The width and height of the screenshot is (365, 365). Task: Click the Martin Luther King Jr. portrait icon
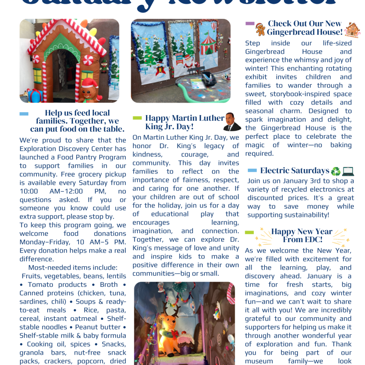pyautogui.click(x=232, y=122)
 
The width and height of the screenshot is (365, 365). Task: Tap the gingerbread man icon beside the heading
pyautogui.click(x=260, y=29)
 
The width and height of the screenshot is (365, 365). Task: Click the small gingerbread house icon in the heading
pyautogui.click(x=353, y=29)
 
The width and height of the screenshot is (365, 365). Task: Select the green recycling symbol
pyautogui.click(x=335, y=171)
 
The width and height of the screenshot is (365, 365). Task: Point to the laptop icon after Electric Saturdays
pyautogui.click(x=348, y=171)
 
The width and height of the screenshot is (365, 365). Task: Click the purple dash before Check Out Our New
pyautogui.click(x=249, y=24)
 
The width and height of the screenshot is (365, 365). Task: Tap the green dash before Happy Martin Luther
pyautogui.click(x=137, y=118)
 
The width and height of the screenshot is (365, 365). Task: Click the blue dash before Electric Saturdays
pyautogui.click(x=252, y=170)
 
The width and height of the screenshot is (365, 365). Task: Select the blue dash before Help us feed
pyautogui.click(x=24, y=114)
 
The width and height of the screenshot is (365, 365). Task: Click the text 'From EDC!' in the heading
pyautogui.click(x=302, y=240)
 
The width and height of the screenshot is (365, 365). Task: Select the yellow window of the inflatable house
pyautogui.click(x=37, y=76)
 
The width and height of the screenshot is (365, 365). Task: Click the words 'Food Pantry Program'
pyautogui.click(x=77, y=157)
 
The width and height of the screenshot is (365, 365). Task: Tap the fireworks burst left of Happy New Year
pyautogui.click(x=262, y=234)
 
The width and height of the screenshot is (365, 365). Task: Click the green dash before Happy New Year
pyautogui.click(x=249, y=232)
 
